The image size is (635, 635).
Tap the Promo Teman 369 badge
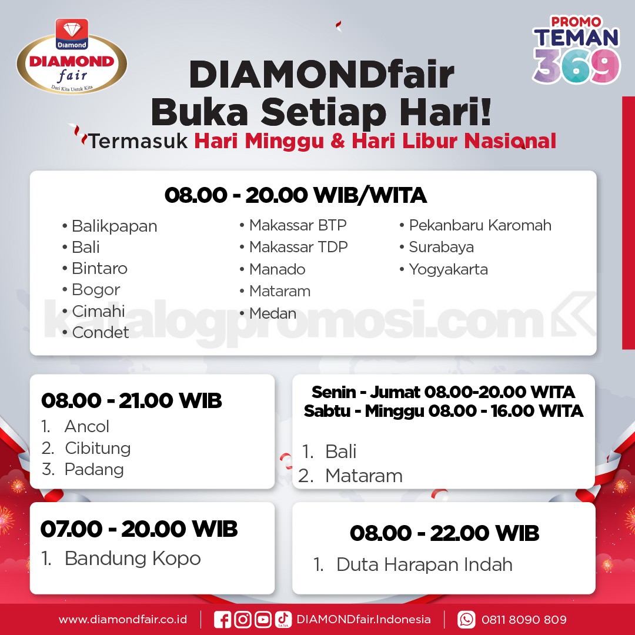[576, 49]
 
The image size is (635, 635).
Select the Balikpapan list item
[110, 226]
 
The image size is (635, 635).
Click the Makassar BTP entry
[293, 225]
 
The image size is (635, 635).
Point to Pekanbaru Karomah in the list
[476, 225]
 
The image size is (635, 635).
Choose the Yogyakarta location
[444, 270]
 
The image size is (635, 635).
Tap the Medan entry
[268, 313]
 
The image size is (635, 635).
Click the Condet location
[96, 332]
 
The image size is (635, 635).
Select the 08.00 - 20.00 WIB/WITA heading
[296, 195]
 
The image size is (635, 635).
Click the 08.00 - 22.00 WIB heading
[444, 533]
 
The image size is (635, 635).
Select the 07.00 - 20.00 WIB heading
[139, 529]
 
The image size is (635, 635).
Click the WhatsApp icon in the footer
[466, 620]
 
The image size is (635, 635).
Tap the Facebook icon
[222, 620]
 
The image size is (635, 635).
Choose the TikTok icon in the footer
[283, 620]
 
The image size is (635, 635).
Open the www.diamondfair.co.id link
[123, 620]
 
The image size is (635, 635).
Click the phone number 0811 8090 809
[524, 620]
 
